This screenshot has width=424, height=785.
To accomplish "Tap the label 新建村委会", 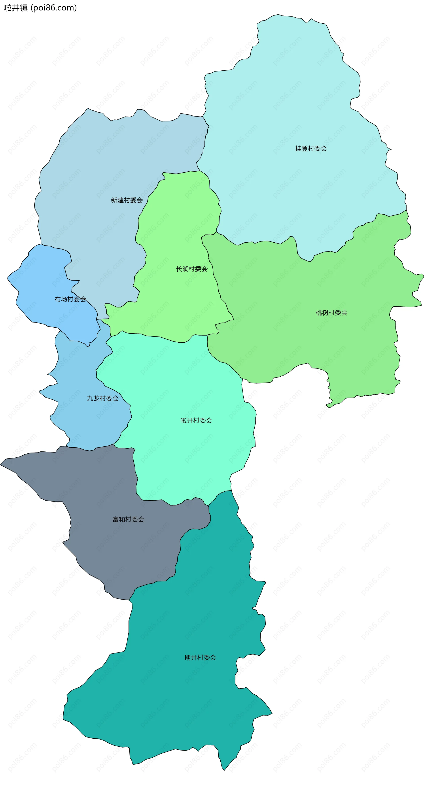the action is point(127,200).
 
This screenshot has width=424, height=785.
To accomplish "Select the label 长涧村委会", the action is point(192,269).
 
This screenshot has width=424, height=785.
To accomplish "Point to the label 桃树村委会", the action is point(332,313).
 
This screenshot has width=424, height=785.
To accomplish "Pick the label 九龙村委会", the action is point(103,398).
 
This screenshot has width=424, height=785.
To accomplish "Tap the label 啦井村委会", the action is point(196,421).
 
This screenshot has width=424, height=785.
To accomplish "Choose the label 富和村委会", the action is point(128,519).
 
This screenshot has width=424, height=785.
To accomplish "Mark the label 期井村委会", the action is point(200,658).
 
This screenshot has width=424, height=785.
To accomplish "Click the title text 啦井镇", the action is point(15,8).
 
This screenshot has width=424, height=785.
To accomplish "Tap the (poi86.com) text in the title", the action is point(54,8).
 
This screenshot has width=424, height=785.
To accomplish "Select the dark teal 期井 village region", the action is point(183,701).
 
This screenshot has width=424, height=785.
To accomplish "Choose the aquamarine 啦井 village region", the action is point(183,381).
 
